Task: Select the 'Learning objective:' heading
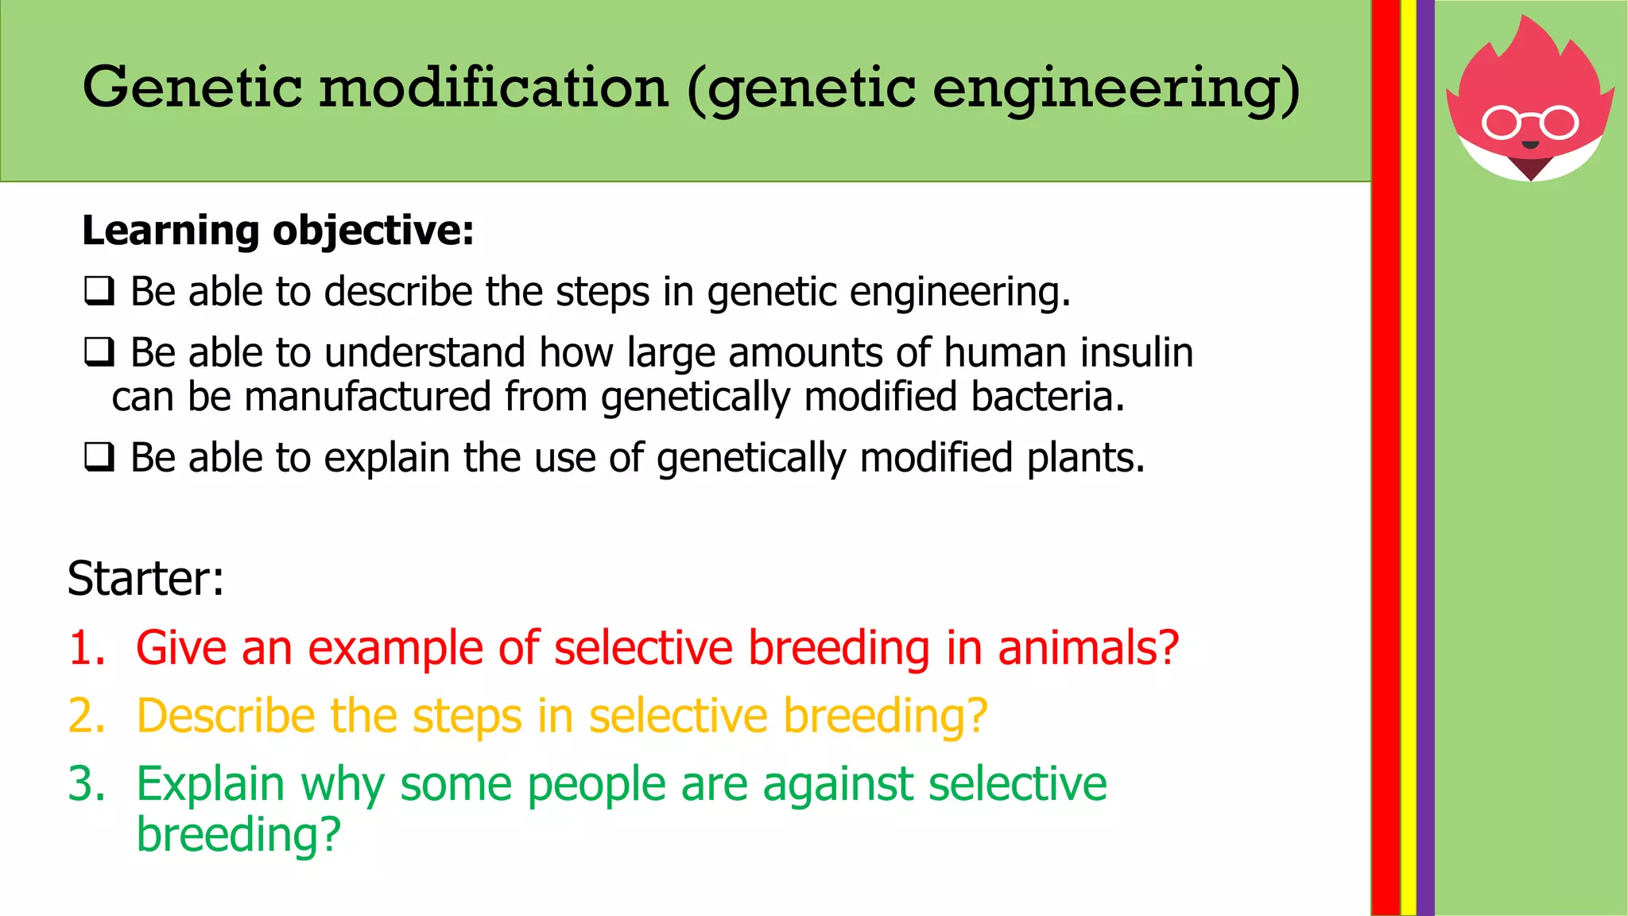tap(277, 231)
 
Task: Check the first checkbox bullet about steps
tap(99, 291)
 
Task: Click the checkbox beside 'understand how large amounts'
tap(99, 352)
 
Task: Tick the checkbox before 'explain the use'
tap(99, 458)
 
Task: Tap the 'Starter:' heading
tap(145, 578)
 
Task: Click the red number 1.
tap(86, 647)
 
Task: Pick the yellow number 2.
tap(86, 716)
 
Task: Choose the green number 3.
tap(86, 784)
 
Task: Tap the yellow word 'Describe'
tap(226, 716)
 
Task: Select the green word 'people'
tap(596, 786)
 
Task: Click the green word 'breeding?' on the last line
tap(238, 835)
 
